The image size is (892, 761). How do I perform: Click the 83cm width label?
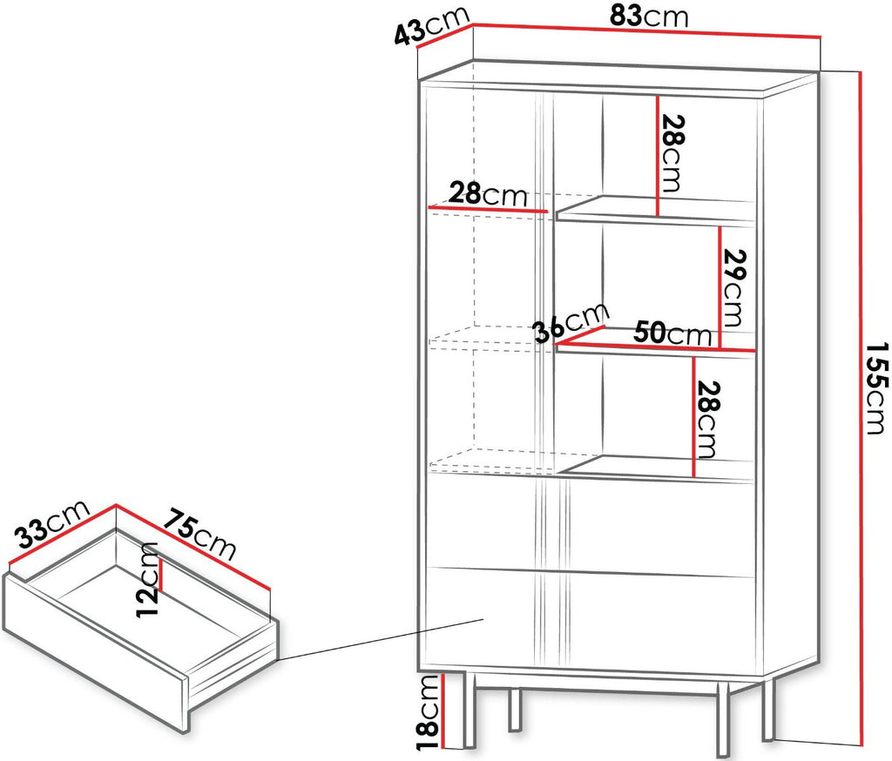point(648,17)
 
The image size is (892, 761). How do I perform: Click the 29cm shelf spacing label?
point(733,288)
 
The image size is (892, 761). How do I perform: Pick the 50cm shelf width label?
point(672,333)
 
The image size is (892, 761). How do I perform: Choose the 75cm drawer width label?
point(199,534)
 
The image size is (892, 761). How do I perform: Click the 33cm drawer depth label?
point(51,523)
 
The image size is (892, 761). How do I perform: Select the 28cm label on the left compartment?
point(488,194)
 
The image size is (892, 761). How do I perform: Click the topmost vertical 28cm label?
point(671,153)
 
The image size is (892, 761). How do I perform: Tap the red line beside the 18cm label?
point(442,710)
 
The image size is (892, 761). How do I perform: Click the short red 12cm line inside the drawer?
point(161,575)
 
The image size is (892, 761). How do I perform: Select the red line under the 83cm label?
point(647,30)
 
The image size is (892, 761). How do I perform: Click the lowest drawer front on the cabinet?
point(591,617)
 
